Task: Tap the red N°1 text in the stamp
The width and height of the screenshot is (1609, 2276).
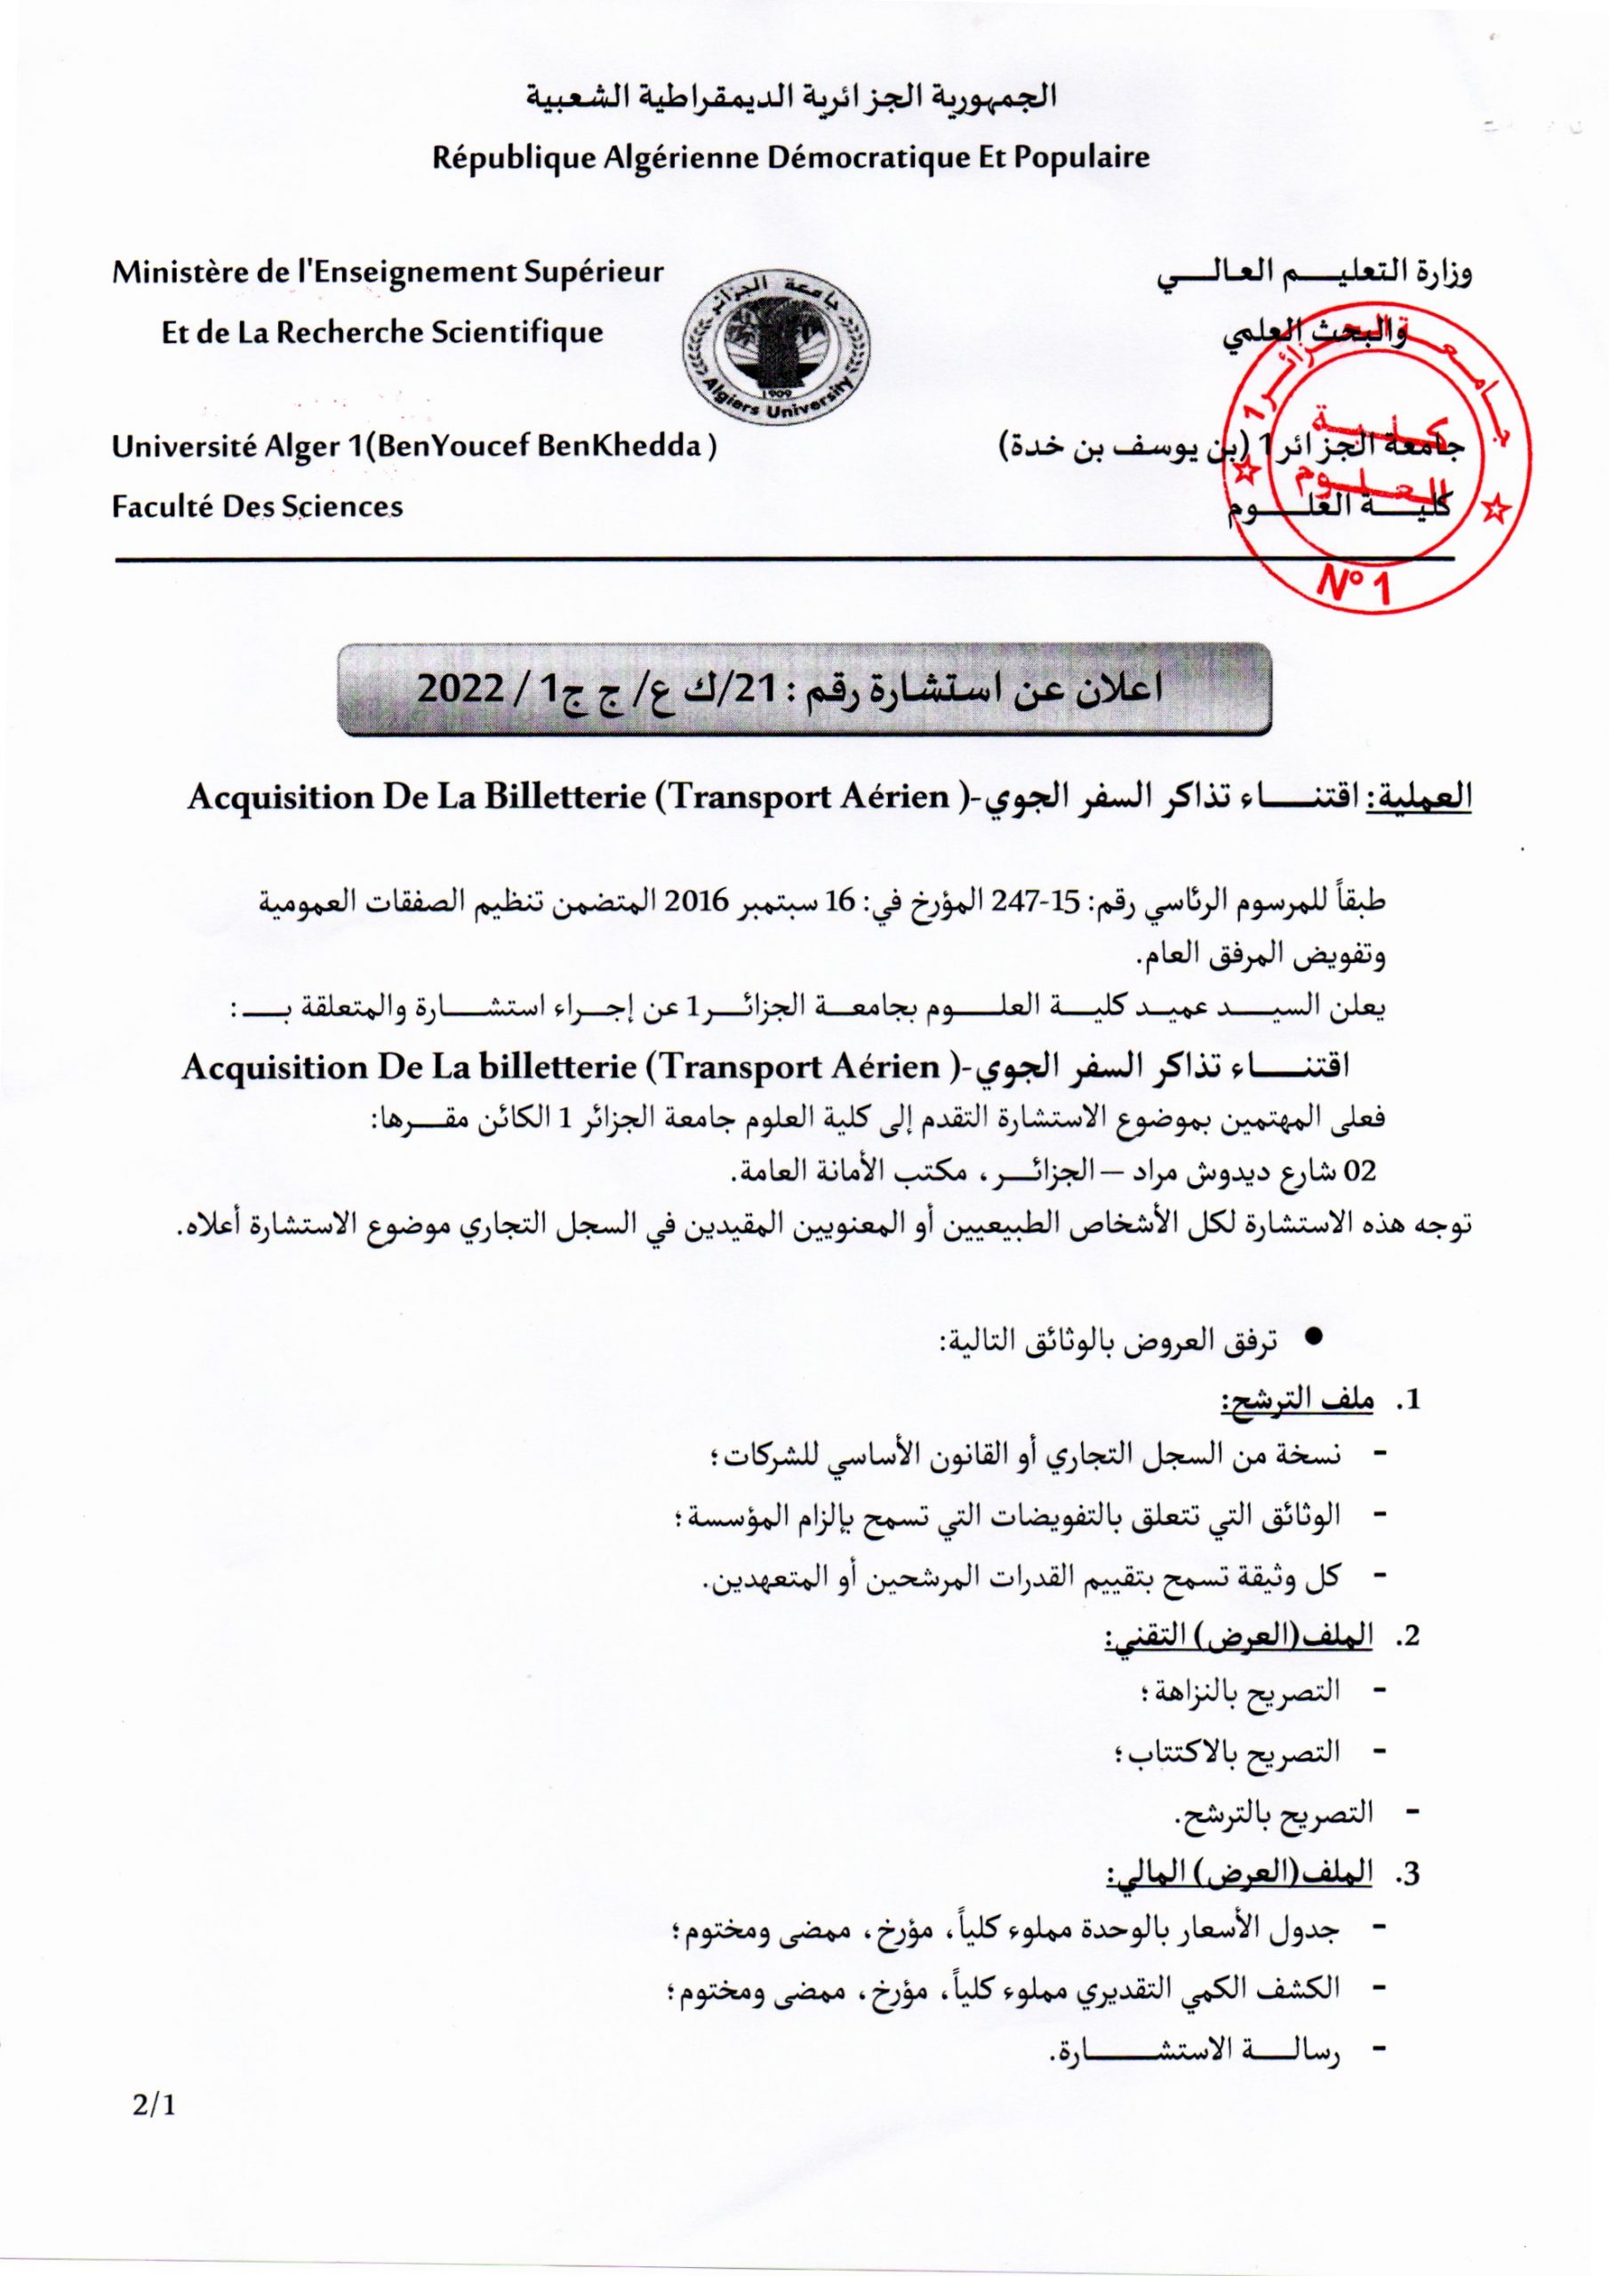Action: tap(1356, 585)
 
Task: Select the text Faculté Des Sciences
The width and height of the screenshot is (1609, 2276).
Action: tap(257, 507)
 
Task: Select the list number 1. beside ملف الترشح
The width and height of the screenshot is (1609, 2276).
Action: tap(1410, 1400)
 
